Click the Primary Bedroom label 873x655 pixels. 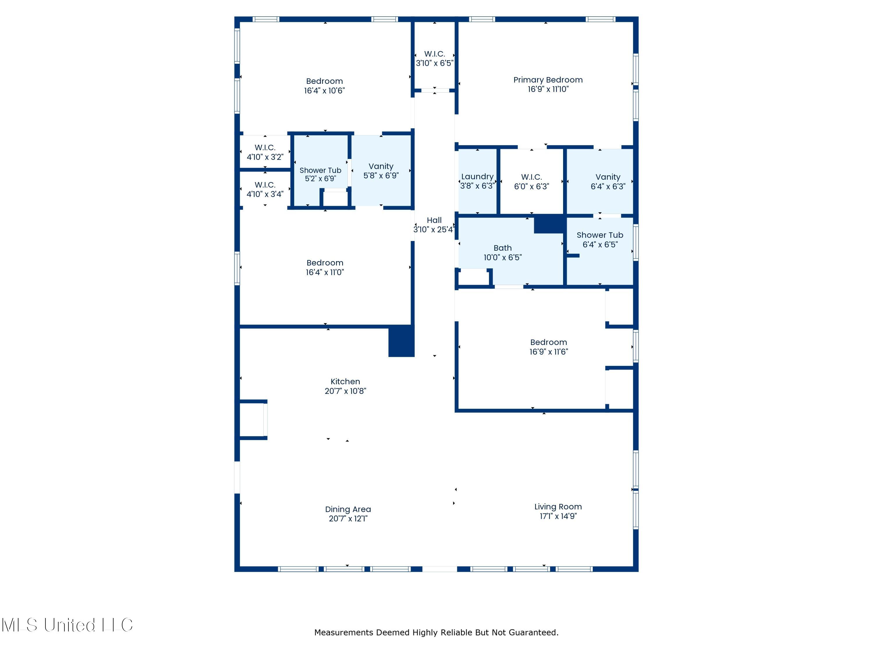click(x=548, y=80)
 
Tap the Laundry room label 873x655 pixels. click(x=477, y=176)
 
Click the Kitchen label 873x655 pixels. click(x=345, y=382)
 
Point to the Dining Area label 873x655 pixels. click(x=348, y=509)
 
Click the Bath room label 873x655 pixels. click(x=502, y=248)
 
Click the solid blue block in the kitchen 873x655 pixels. click(x=401, y=341)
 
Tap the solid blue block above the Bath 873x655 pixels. click(x=549, y=224)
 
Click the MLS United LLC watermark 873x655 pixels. click(x=67, y=625)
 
